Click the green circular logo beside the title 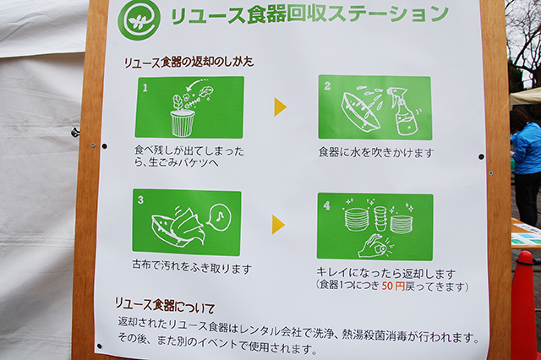tap(139, 19)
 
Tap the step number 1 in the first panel tap(145, 88)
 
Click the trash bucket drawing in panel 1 tap(183, 123)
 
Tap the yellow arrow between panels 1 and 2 tap(280, 106)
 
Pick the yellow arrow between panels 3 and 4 tap(278, 225)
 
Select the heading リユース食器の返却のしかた tap(189, 63)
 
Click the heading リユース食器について tap(164, 306)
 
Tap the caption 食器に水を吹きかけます tap(375, 153)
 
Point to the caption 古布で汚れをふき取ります tap(192, 267)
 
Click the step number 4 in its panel tap(326, 205)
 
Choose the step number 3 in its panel tap(140, 200)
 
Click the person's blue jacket tap(527, 148)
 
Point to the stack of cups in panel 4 tap(381, 218)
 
